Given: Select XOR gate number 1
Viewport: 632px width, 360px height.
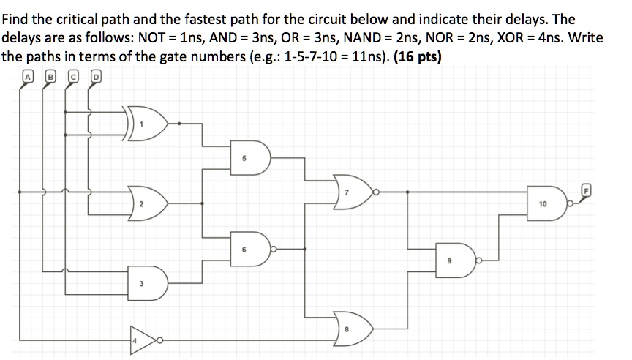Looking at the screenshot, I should [150, 123].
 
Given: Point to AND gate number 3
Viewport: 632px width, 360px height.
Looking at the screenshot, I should [148, 282].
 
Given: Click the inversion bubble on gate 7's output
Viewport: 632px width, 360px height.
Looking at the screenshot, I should [375, 192].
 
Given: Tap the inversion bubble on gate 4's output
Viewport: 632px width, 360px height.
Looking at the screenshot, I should [158, 340].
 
